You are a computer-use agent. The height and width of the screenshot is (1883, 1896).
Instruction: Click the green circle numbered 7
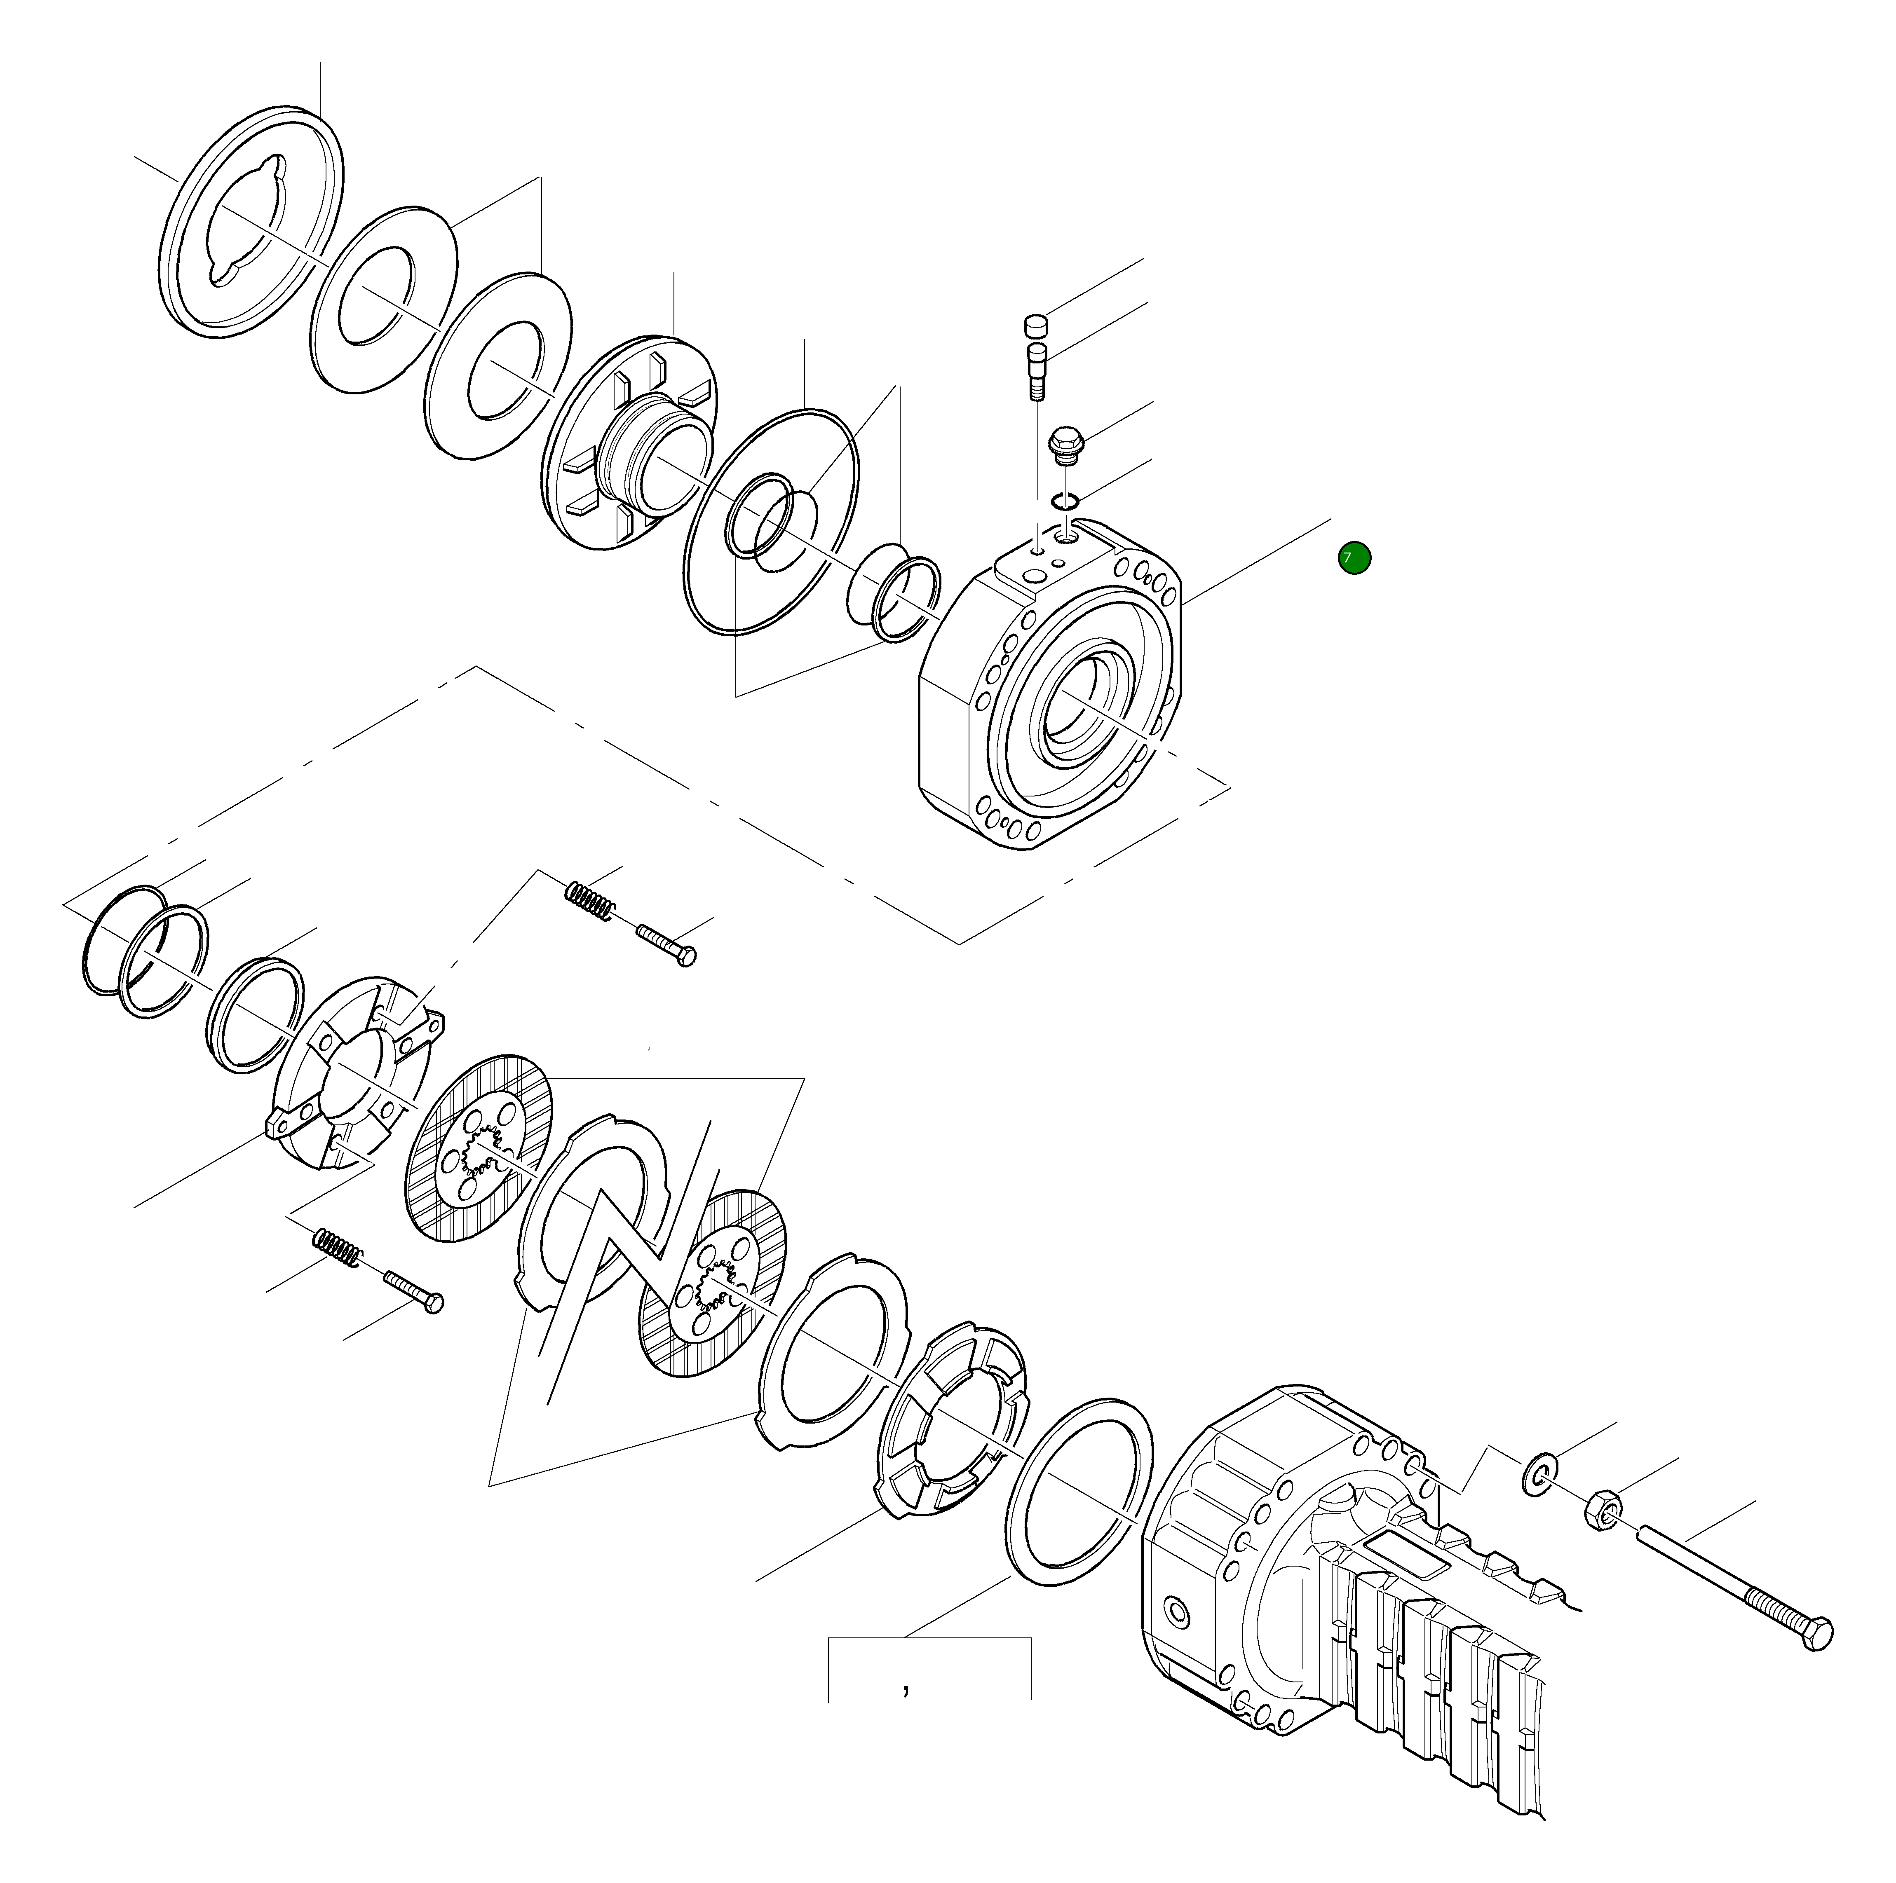click(x=1354, y=558)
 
